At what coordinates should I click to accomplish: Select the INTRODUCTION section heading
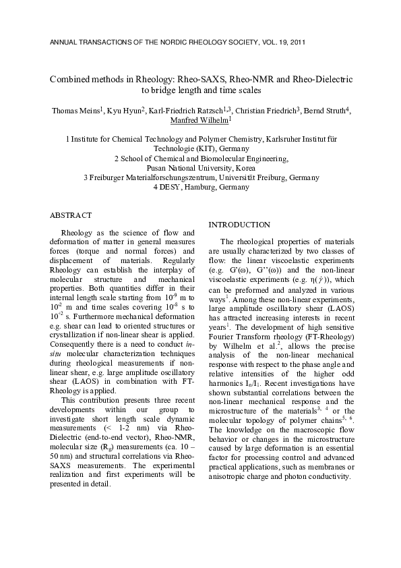(x=240, y=224)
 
